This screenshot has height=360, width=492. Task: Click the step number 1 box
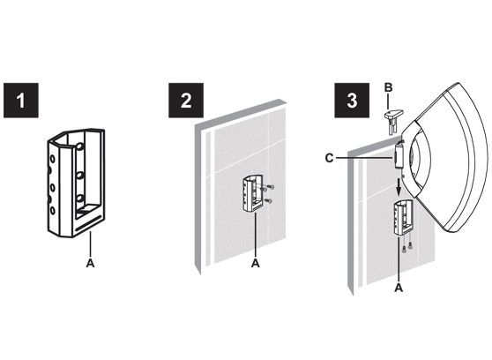[21, 101]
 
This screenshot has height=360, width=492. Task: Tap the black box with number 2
[186, 101]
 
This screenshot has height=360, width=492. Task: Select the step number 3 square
[352, 101]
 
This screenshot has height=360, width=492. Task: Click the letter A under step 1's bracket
[90, 263]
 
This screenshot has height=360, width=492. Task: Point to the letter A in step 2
[256, 263]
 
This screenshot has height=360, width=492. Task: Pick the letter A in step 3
[399, 288]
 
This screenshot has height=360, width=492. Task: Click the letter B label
[389, 87]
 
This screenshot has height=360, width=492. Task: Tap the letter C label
[329, 158]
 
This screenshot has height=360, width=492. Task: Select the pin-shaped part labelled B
[393, 121]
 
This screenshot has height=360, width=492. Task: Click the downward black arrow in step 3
[399, 187]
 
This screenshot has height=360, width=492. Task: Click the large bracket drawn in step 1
[76, 183]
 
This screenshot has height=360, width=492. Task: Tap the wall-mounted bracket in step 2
[252, 193]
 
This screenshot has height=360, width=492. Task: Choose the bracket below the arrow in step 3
[403, 217]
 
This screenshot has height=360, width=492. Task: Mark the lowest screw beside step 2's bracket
[268, 200]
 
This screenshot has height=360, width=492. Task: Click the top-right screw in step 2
[271, 187]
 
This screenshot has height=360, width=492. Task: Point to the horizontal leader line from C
[364, 158]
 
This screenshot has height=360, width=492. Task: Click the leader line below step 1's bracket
[90, 244]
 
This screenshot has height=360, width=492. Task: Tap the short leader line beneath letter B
[389, 101]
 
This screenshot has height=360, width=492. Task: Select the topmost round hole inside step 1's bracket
[79, 146]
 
